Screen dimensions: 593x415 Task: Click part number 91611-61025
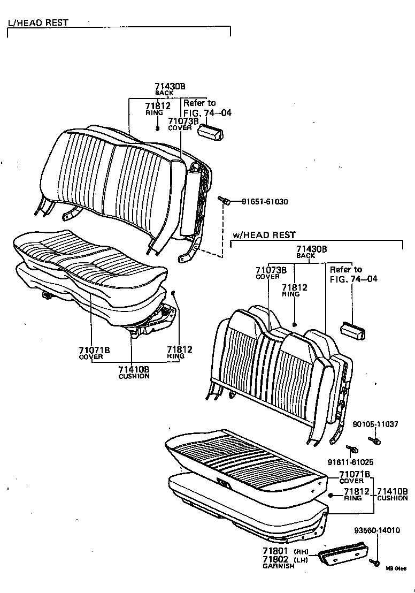coord(350,462)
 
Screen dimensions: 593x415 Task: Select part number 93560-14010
coord(377,530)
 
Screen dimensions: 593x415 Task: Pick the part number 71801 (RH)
coord(283,551)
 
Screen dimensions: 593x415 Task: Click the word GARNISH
coord(278,566)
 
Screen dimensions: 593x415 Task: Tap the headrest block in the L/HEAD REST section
coord(211,131)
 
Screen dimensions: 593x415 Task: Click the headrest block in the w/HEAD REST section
coord(353,330)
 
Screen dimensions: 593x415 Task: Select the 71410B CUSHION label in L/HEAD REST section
coord(133,371)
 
